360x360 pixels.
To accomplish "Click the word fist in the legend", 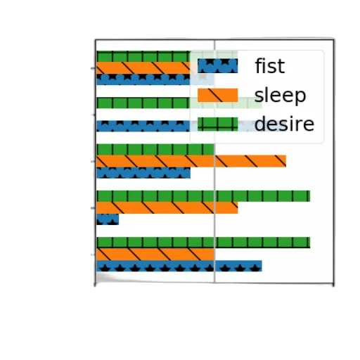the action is pos(270,66).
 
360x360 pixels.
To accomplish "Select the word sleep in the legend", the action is pos(281,96).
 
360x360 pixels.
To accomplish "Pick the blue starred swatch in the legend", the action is pos(217,66).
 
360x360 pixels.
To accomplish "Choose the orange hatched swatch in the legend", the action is pos(217,95).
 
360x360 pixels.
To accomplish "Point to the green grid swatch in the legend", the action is pos(217,124).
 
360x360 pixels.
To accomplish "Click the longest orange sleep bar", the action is pos(191,161).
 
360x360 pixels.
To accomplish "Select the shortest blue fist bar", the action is pos(108,219).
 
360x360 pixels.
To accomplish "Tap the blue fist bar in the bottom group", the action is pos(179,266).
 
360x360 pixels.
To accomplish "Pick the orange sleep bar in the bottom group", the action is pos(155,255).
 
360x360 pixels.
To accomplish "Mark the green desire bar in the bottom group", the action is pos(203,243).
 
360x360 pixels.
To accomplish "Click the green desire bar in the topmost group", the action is pos(167,56).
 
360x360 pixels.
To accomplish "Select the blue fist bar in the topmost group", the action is pos(155,79).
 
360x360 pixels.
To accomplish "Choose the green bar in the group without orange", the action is pos(179,103).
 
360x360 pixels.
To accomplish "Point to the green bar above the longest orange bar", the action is pos(155,149).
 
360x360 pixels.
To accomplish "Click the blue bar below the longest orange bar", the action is pos(143,173).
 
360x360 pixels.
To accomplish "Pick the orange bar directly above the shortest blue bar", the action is pos(167,207).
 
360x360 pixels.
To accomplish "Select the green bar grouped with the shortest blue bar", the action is pos(203,196).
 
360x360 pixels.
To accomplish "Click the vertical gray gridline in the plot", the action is pos(214,161).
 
